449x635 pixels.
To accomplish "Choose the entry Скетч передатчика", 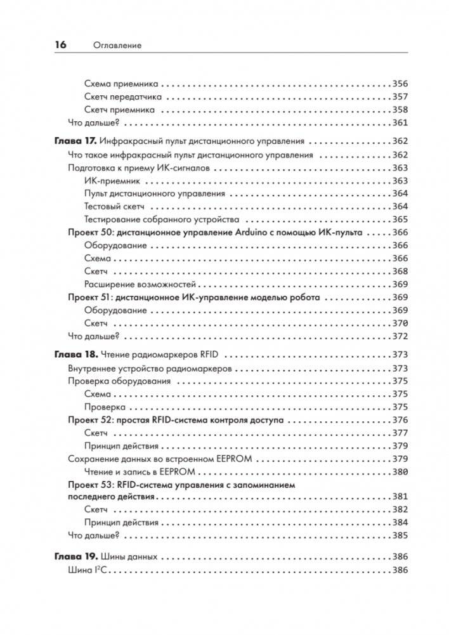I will click(122, 96).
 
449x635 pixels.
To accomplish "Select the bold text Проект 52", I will click(90, 420).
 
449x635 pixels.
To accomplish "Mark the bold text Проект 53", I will click(90, 485).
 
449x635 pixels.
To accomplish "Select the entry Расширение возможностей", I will click(140, 284).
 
